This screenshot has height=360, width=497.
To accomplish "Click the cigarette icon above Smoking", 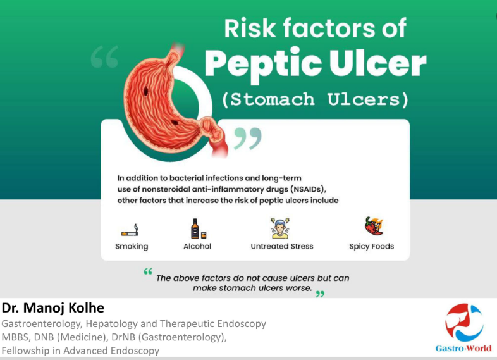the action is click(130, 230).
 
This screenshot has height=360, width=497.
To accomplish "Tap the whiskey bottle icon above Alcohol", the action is click(199, 228).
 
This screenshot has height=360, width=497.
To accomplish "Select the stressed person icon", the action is click(280, 228).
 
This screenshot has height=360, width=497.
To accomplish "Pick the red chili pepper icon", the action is click(374, 226).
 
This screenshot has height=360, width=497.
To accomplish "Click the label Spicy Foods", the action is click(371, 247).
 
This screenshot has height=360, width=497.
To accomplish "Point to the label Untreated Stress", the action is click(282, 246).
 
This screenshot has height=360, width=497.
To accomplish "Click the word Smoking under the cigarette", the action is click(132, 247).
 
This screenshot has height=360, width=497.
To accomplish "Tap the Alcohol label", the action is click(197, 246).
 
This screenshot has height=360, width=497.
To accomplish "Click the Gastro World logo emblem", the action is click(464, 321).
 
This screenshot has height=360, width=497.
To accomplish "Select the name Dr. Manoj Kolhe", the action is click(53, 308).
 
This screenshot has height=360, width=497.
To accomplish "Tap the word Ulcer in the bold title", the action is click(377, 63).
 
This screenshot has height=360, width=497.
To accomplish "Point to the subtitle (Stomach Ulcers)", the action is click(315, 99).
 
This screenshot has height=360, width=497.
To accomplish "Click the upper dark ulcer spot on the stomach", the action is click(145, 91).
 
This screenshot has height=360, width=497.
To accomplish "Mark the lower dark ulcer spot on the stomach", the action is click(175, 123).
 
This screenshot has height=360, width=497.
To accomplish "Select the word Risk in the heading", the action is click(250, 28).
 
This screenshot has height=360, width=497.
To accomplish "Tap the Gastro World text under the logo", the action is click(463, 348).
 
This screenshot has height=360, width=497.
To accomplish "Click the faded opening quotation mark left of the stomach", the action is click(104, 56).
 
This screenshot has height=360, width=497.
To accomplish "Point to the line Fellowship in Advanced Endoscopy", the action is click(80, 351).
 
